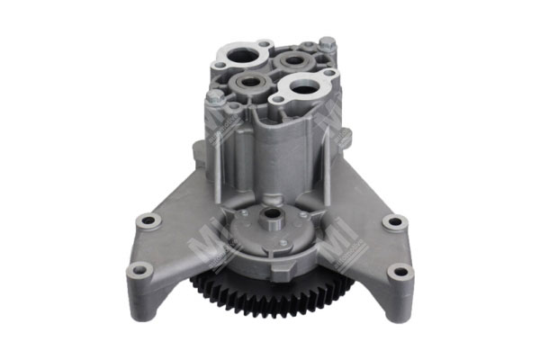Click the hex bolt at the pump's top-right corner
tap(328, 42)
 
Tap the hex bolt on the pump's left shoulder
tap(214, 95)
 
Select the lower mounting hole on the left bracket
tap(139, 268)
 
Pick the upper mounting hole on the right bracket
tap(392, 221)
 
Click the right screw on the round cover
tap(303, 213)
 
